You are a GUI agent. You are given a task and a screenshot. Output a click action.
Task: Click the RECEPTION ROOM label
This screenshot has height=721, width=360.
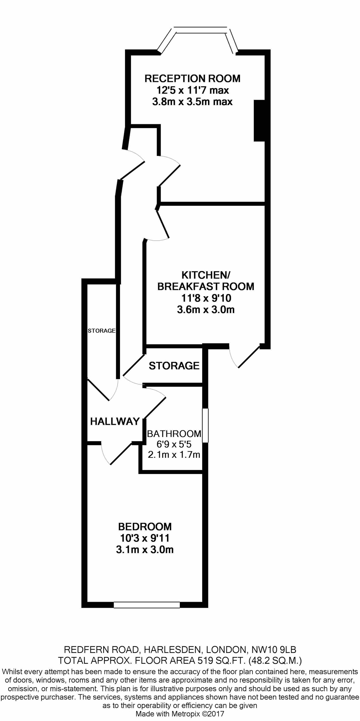coord(192,78)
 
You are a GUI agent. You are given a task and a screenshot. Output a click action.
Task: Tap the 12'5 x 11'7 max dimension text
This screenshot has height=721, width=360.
coord(192,90)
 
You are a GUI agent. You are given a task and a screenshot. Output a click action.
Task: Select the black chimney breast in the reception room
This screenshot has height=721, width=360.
coord(259,121)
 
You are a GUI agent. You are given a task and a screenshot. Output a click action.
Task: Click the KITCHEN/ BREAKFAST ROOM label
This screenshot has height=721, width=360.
coord(206,281)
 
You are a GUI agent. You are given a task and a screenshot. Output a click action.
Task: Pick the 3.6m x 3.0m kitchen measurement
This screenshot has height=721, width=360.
coord(205,309)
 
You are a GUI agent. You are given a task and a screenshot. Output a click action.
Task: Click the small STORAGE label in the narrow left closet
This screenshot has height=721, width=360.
coord(101,331)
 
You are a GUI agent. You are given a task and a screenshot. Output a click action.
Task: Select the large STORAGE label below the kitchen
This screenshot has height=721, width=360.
coord(174,366)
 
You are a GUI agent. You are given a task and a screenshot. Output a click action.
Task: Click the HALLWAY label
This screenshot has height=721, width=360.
coord(115,422)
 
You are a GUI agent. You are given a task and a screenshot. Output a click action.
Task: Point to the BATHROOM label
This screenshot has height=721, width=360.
coord(174,434)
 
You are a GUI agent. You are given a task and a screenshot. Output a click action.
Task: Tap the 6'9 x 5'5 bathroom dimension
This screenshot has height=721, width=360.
coord(174,444)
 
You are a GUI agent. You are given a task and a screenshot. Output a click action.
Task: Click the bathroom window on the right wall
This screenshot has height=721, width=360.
coord(205,425)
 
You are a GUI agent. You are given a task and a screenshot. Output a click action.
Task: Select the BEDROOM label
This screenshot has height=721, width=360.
coord(145,526)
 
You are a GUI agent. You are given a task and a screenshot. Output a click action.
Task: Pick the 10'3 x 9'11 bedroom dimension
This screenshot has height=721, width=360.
coord(145,538)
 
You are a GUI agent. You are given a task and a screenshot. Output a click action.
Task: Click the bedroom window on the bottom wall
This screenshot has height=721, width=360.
coord(147,605)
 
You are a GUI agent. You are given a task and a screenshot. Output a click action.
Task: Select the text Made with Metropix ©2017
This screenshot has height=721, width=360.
coord(180,714)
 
